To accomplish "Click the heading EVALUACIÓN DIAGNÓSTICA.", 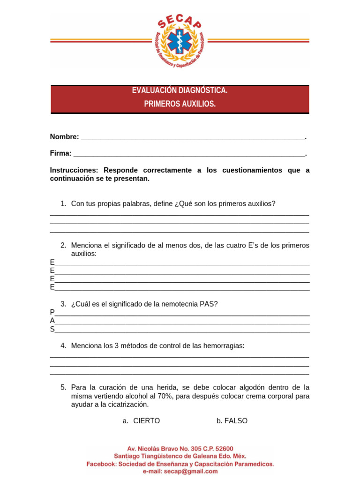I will coord(180,90).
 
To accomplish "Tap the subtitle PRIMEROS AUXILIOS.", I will coord(180,104).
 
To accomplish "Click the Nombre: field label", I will coord(64,137).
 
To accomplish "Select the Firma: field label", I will coord(60,153).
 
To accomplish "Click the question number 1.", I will coord(63,203).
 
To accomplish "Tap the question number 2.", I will coord(63,245).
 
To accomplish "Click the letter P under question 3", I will coord(52,312).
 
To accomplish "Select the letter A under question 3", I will coord(52,321).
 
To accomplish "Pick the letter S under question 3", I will coord(52,329).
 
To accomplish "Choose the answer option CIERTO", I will coord(146,421).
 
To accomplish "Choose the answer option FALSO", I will coord(236,421).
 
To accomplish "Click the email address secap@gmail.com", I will coord(193,471).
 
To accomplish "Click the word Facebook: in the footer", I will coord(101,464).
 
